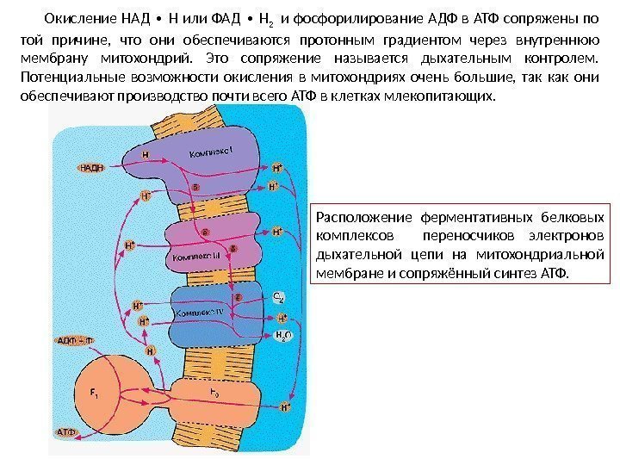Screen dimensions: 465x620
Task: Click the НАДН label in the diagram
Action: point(91,168)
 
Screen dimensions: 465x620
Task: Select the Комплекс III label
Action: point(198,257)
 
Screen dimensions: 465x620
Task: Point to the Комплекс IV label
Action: point(201,312)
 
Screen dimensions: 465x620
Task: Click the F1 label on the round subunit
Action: point(94,395)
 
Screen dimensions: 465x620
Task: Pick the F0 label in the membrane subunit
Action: point(214,393)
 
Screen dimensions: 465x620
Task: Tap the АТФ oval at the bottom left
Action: point(67,431)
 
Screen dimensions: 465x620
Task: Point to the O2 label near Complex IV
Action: point(278,298)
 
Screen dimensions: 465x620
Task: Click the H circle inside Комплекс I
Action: point(146,156)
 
